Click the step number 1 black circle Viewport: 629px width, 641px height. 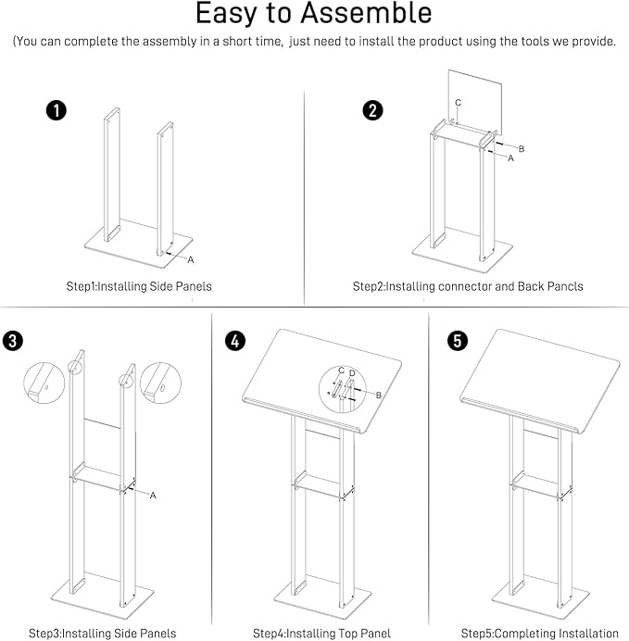tap(57, 111)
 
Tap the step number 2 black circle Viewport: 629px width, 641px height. tap(372, 111)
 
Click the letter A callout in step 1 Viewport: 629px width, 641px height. tap(191, 259)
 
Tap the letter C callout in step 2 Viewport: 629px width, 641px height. tap(458, 101)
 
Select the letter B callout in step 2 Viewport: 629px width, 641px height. tap(522, 148)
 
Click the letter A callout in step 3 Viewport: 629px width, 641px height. tap(153, 496)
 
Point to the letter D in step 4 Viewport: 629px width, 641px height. tap(352, 372)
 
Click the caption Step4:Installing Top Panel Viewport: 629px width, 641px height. tap(321, 634)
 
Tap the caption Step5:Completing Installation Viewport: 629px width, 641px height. tap(539, 634)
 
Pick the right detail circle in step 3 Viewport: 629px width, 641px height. tap(158, 382)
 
